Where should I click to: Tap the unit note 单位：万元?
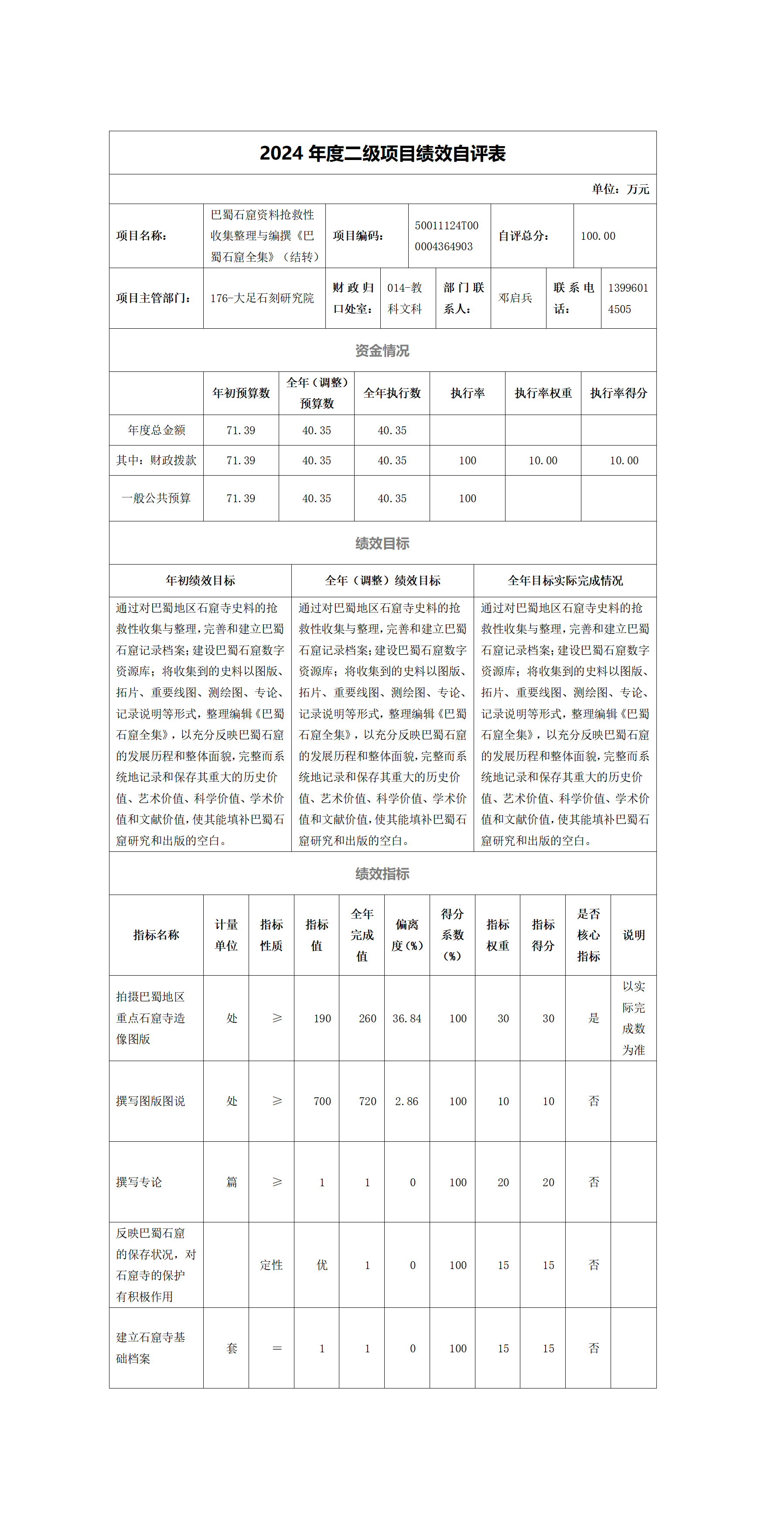[x=620, y=189]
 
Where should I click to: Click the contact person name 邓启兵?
[x=515, y=298]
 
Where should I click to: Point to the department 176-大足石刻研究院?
[x=262, y=298]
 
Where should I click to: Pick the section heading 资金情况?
[x=382, y=351]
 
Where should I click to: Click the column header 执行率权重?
[x=543, y=393]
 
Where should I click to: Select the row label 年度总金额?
[x=156, y=430]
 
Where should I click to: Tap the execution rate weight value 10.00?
[x=543, y=460]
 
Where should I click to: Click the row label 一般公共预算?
[x=156, y=498]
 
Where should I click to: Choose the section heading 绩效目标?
[x=382, y=543]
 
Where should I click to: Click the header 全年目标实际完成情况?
[x=565, y=581]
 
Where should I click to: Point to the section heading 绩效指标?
[x=382, y=874]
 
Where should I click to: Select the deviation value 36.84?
[x=406, y=1018]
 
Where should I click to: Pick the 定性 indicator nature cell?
[x=271, y=1265]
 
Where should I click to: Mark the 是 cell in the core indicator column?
[x=594, y=1018]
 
